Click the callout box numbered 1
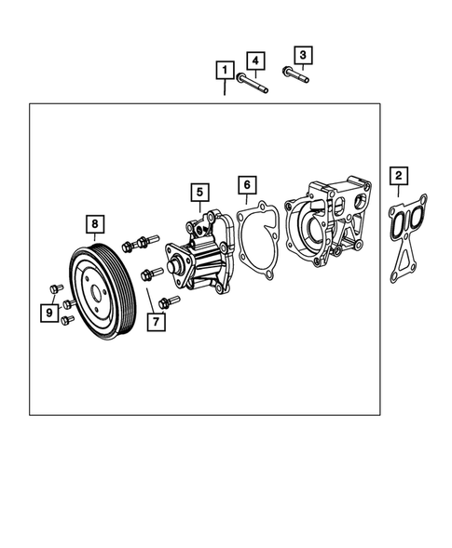click(x=225, y=69)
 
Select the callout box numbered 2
click(x=398, y=175)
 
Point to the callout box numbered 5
click(x=199, y=193)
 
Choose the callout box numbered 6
click(x=246, y=184)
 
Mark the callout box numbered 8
click(x=94, y=223)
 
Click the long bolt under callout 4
click(x=253, y=85)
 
